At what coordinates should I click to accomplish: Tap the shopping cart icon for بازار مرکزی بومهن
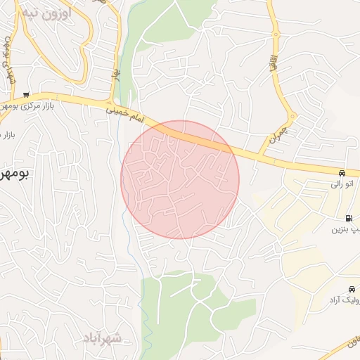26,95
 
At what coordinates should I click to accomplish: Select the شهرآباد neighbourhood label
101,338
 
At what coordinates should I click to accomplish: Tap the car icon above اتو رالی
341,173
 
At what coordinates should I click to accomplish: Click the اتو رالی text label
344,184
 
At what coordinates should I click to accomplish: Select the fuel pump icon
349,218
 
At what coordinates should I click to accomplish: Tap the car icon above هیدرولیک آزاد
352,289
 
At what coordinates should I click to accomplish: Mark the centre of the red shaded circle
180,179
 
